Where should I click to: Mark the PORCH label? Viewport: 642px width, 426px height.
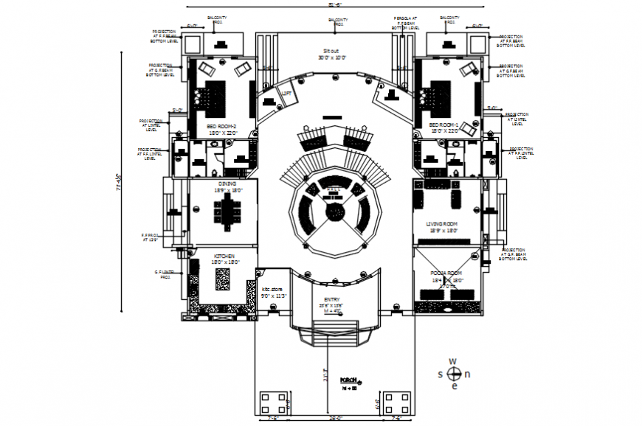(348, 380)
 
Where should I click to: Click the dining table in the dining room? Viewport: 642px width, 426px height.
(227, 212)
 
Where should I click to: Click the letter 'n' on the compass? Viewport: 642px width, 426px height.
(467, 374)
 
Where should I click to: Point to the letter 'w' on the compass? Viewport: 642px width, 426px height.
(454, 361)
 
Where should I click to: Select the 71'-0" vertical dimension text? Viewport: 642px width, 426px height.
(117, 181)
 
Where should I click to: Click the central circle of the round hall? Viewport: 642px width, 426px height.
(336, 212)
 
